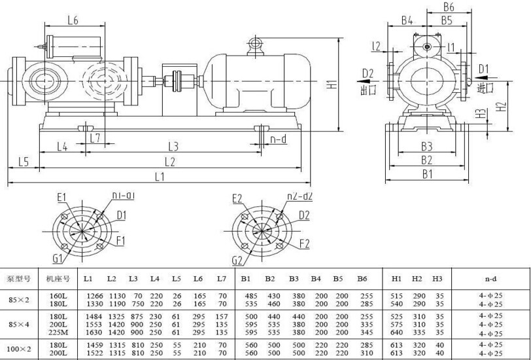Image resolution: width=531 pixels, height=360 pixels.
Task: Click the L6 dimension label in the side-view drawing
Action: point(73,21)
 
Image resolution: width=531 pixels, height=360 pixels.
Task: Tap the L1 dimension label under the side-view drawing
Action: point(159,177)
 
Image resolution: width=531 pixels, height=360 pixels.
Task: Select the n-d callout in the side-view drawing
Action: point(279,139)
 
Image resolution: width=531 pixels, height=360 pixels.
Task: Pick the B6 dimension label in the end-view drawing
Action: point(448,7)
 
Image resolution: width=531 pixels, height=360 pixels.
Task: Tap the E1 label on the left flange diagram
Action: point(62,196)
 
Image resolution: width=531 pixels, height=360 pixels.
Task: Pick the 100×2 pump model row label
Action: point(19,348)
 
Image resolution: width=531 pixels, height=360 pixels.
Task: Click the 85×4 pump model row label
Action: point(19,323)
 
